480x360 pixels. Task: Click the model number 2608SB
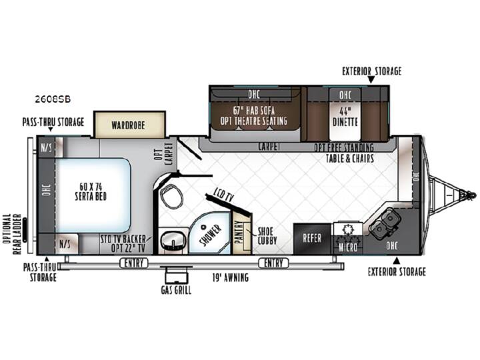tap(53, 99)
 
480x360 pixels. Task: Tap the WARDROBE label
tap(128, 125)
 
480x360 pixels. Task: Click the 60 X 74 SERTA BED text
tap(91, 191)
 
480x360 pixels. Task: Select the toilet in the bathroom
tap(171, 196)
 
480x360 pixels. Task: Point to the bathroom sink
tap(173, 240)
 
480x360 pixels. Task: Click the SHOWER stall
tap(210, 233)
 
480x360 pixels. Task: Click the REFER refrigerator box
tap(312, 239)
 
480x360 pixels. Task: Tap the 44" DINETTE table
tap(345, 116)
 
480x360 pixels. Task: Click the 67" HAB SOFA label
tap(254, 111)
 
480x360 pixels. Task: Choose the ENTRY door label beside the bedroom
tap(134, 263)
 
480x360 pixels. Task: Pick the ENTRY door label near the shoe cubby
tap(273, 263)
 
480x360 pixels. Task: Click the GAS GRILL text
tap(176, 290)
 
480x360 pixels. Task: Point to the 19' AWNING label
tap(231, 277)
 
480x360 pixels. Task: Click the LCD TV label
tap(223, 195)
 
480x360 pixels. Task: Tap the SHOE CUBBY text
tap(267, 236)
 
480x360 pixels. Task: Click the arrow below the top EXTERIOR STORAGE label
tap(371, 79)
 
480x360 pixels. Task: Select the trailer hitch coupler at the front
tap(471, 195)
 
